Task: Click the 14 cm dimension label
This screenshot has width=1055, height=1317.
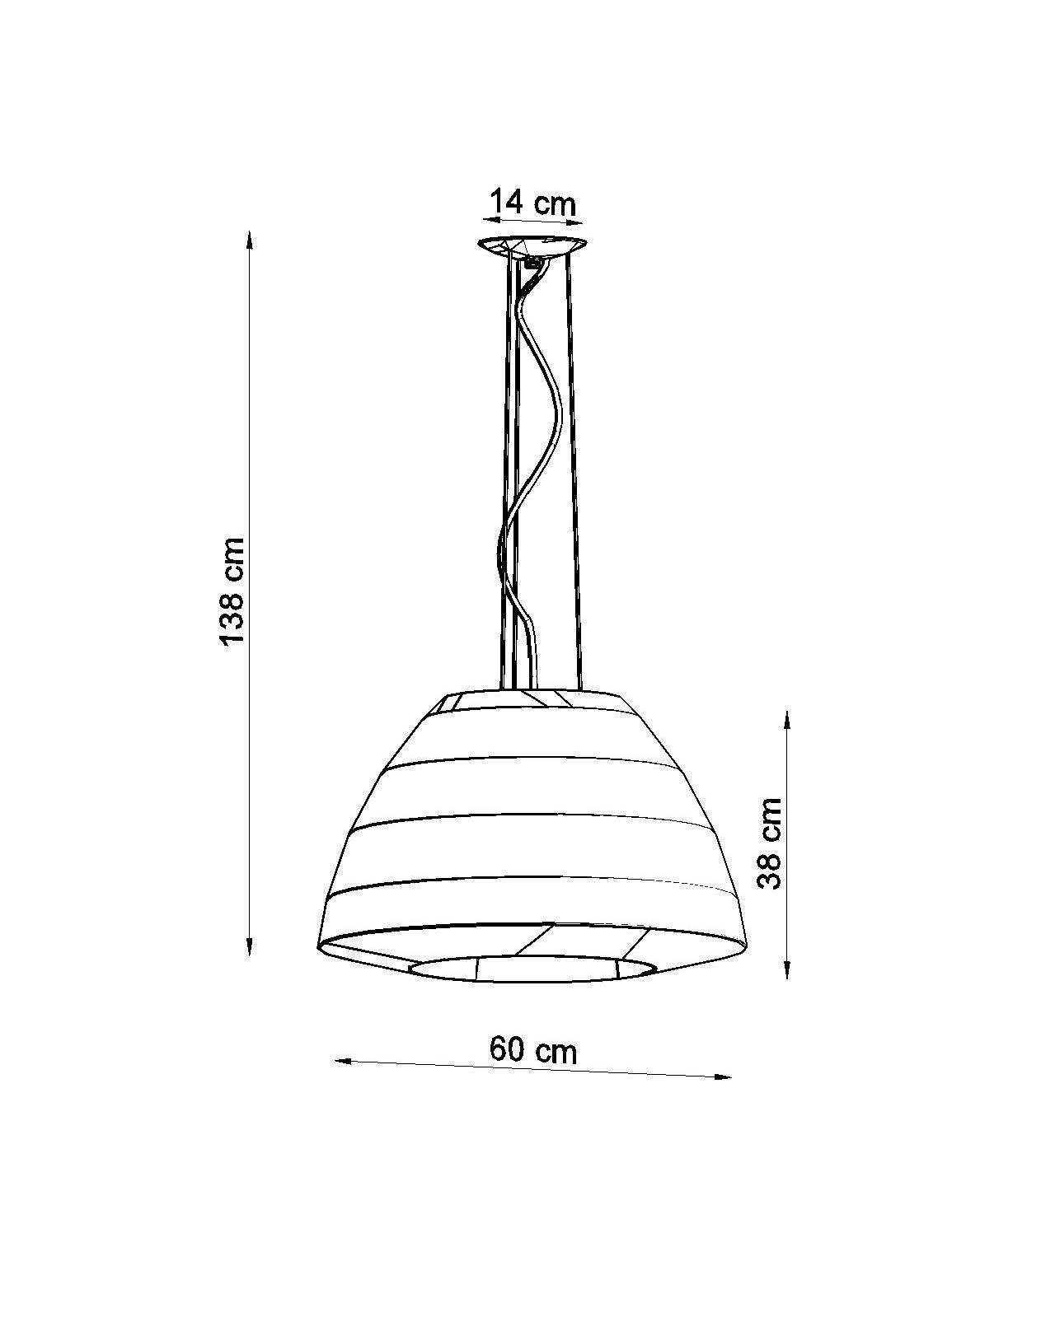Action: pos(532,203)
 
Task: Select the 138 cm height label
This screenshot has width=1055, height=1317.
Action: pos(233,591)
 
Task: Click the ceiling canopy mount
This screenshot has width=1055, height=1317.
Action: pos(532,246)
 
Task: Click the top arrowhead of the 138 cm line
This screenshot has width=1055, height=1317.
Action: pos(249,240)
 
